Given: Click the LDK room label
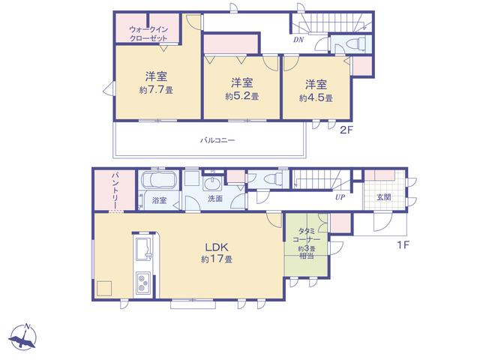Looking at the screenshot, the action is click(217, 247).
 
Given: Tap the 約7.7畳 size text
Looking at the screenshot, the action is click(156, 90).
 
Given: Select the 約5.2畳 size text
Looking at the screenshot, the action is click(241, 97).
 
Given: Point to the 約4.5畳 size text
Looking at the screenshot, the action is click(316, 98).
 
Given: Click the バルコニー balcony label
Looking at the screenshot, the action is click(217, 140).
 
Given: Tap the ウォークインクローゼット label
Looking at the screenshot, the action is click(148, 34).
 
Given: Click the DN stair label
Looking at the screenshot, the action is click(298, 40).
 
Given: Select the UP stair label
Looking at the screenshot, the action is click(340, 197).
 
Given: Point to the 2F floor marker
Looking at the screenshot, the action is click(346, 130).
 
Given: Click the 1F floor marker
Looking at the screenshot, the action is click(403, 245).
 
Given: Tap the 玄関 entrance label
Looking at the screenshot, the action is click(383, 197).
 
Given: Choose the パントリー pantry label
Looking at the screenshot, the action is click(115, 190).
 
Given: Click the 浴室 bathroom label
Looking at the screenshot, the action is click(160, 200).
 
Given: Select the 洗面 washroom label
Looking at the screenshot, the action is click(215, 199).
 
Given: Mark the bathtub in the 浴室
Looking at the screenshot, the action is click(157, 178).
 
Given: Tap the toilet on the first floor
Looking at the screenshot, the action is click(273, 179).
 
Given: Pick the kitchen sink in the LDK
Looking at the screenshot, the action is click(144, 248).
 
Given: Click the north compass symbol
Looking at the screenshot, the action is click(22, 337).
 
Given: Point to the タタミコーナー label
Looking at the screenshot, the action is click(306, 243).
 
